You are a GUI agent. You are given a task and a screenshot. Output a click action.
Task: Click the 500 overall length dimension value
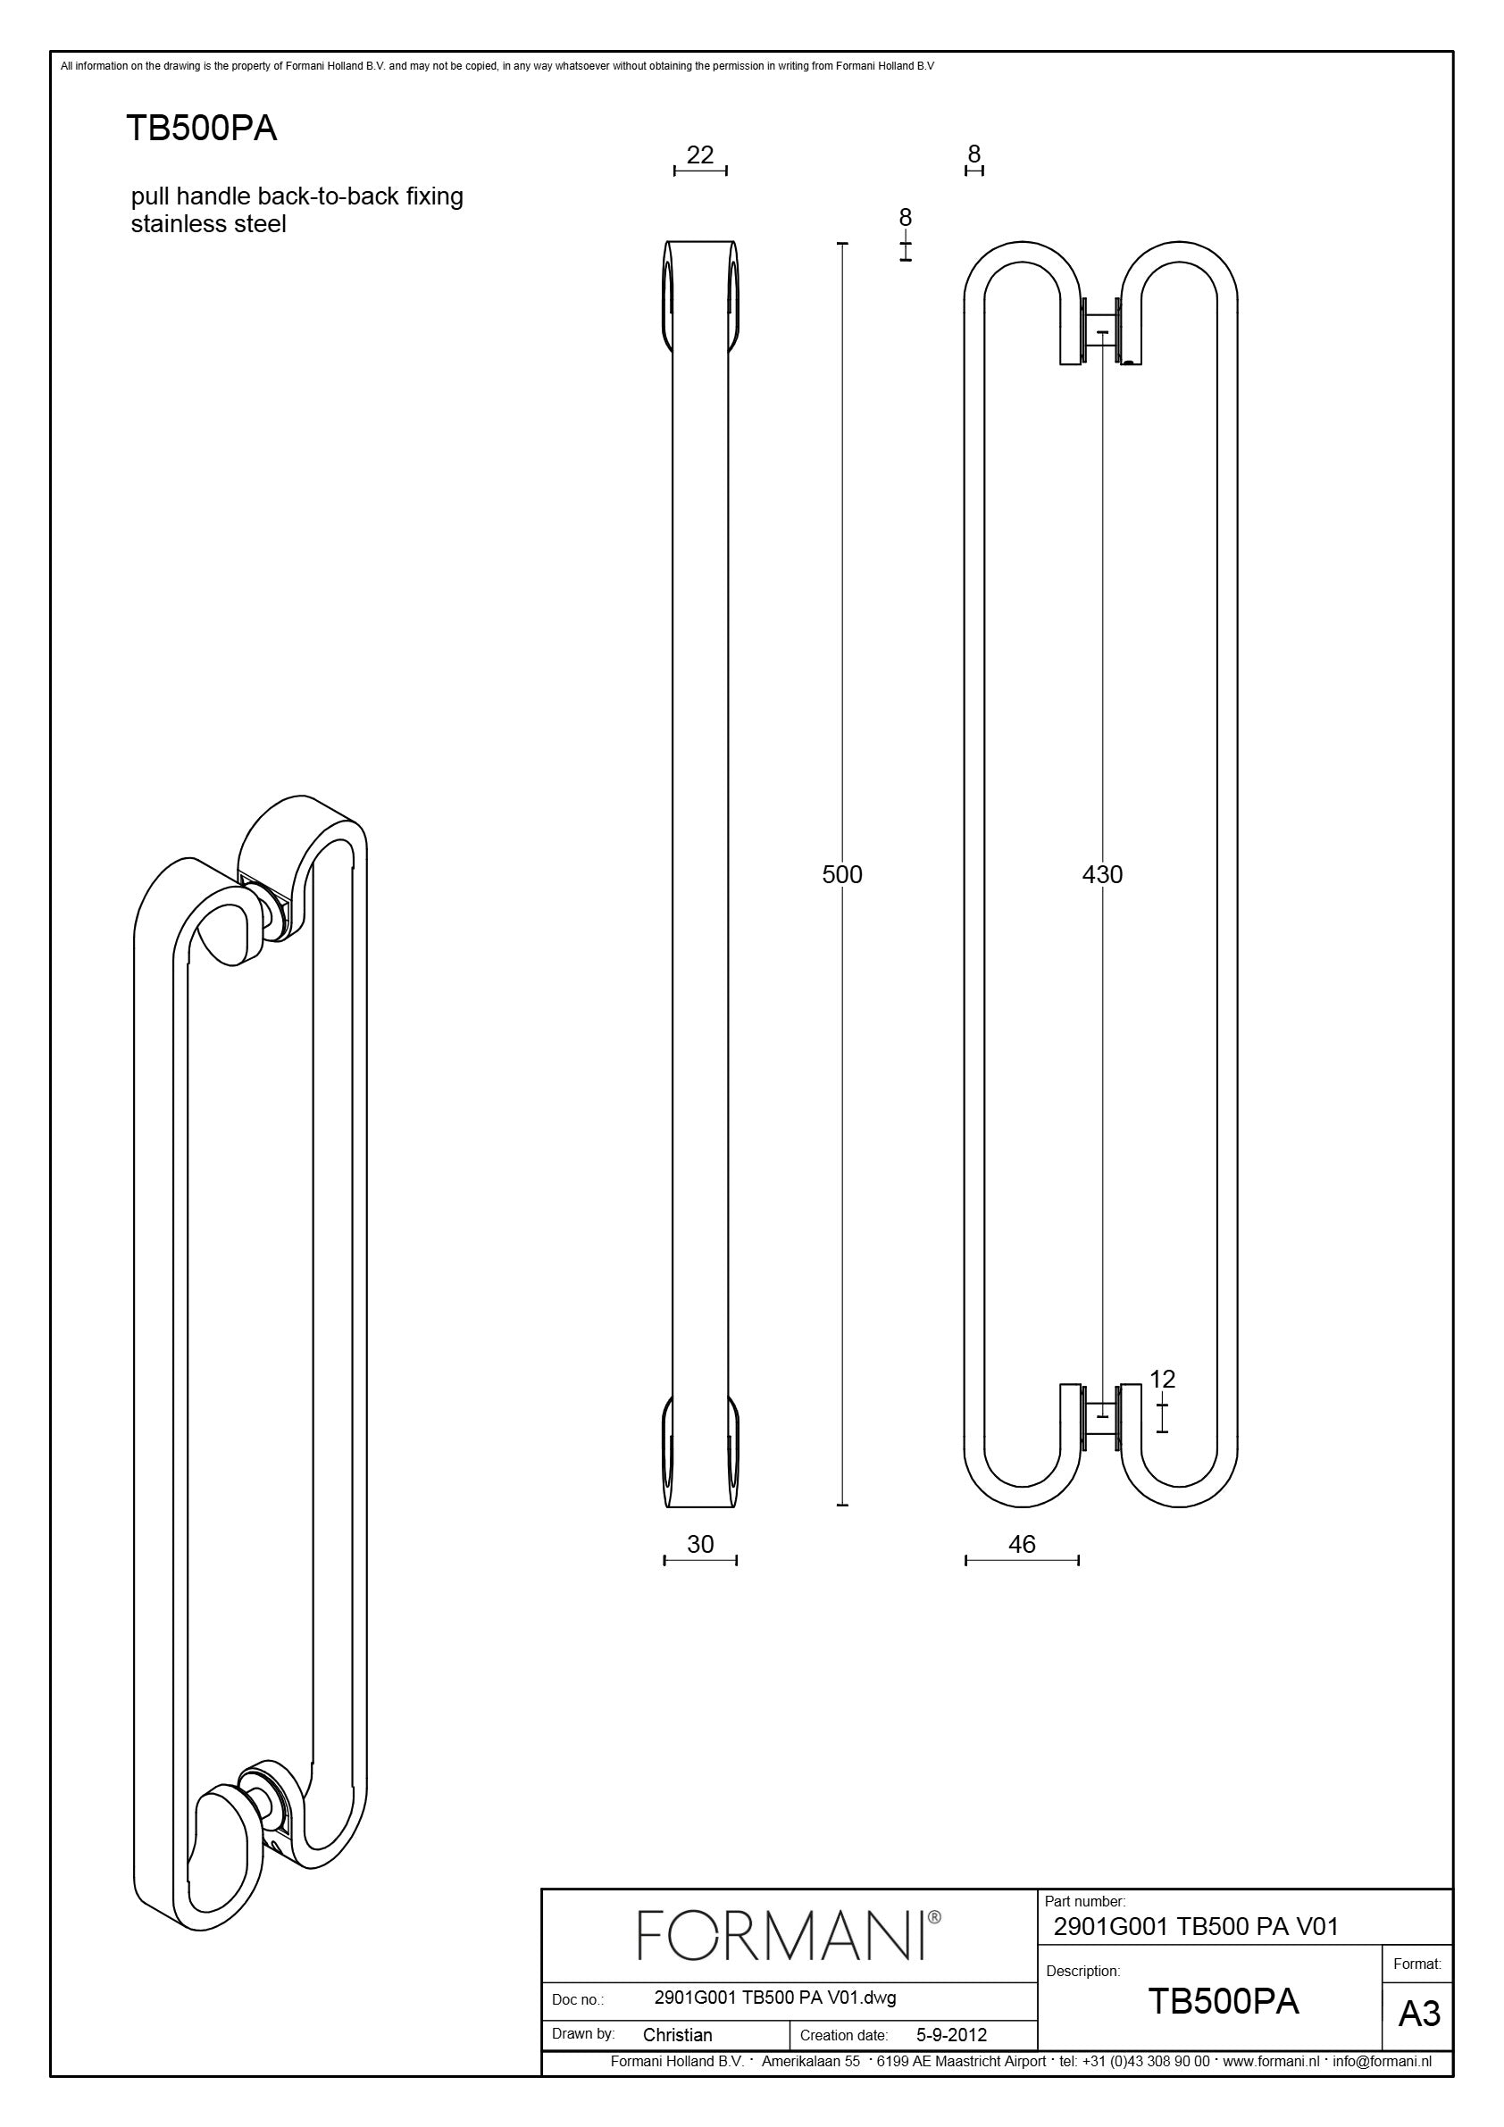841,874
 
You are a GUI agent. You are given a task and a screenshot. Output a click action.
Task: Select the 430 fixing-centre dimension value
1102,874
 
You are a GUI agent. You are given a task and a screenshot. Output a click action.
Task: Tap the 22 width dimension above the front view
699,154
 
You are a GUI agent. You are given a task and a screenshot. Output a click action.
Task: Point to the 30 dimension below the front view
699,1543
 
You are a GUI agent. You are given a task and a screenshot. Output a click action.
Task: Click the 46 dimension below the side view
1021,1543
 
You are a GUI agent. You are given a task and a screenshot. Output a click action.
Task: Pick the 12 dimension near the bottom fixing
1162,1405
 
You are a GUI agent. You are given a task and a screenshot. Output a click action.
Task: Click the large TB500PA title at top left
201,129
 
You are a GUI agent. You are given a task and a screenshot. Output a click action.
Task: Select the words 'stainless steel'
208,224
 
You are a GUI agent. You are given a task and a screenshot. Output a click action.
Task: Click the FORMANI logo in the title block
789,1935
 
